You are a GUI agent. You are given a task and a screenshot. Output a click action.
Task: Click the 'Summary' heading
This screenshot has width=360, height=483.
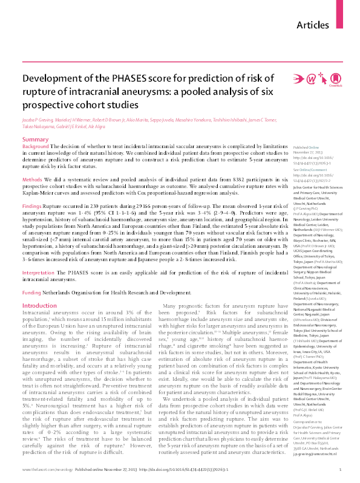point(36,140)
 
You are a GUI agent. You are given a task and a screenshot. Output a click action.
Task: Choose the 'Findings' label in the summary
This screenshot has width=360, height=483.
point(34,207)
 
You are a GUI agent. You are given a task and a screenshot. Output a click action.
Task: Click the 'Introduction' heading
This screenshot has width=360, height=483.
point(39,306)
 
